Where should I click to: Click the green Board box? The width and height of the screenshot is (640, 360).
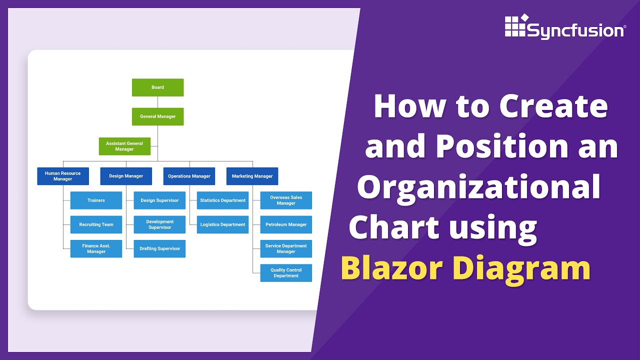(x=157, y=87)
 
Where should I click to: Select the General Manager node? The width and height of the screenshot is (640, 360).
(x=157, y=116)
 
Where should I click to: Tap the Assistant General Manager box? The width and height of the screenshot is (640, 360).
(x=124, y=146)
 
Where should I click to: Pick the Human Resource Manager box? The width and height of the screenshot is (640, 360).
(x=62, y=176)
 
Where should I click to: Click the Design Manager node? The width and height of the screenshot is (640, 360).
(x=126, y=176)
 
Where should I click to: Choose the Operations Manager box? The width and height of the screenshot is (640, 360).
(x=189, y=176)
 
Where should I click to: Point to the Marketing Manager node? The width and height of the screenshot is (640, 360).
(x=252, y=176)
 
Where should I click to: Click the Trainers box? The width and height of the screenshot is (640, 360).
(x=96, y=200)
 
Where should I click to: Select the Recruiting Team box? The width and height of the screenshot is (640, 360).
(x=96, y=224)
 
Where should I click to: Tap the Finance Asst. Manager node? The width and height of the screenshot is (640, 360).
(x=96, y=248)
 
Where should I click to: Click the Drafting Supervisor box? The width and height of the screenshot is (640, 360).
(x=159, y=248)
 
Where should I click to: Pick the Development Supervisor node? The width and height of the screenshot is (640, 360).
(x=159, y=224)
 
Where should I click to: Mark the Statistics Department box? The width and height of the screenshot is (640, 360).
(x=222, y=200)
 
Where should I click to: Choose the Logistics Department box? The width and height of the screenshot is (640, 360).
(x=222, y=224)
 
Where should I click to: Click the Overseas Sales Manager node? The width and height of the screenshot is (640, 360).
(x=286, y=200)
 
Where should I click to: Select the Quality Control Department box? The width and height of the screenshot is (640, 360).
(x=286, y=273)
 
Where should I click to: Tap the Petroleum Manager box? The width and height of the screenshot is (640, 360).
(x=286, y=224)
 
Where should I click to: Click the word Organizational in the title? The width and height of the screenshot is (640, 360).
(x=479, y=187)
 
